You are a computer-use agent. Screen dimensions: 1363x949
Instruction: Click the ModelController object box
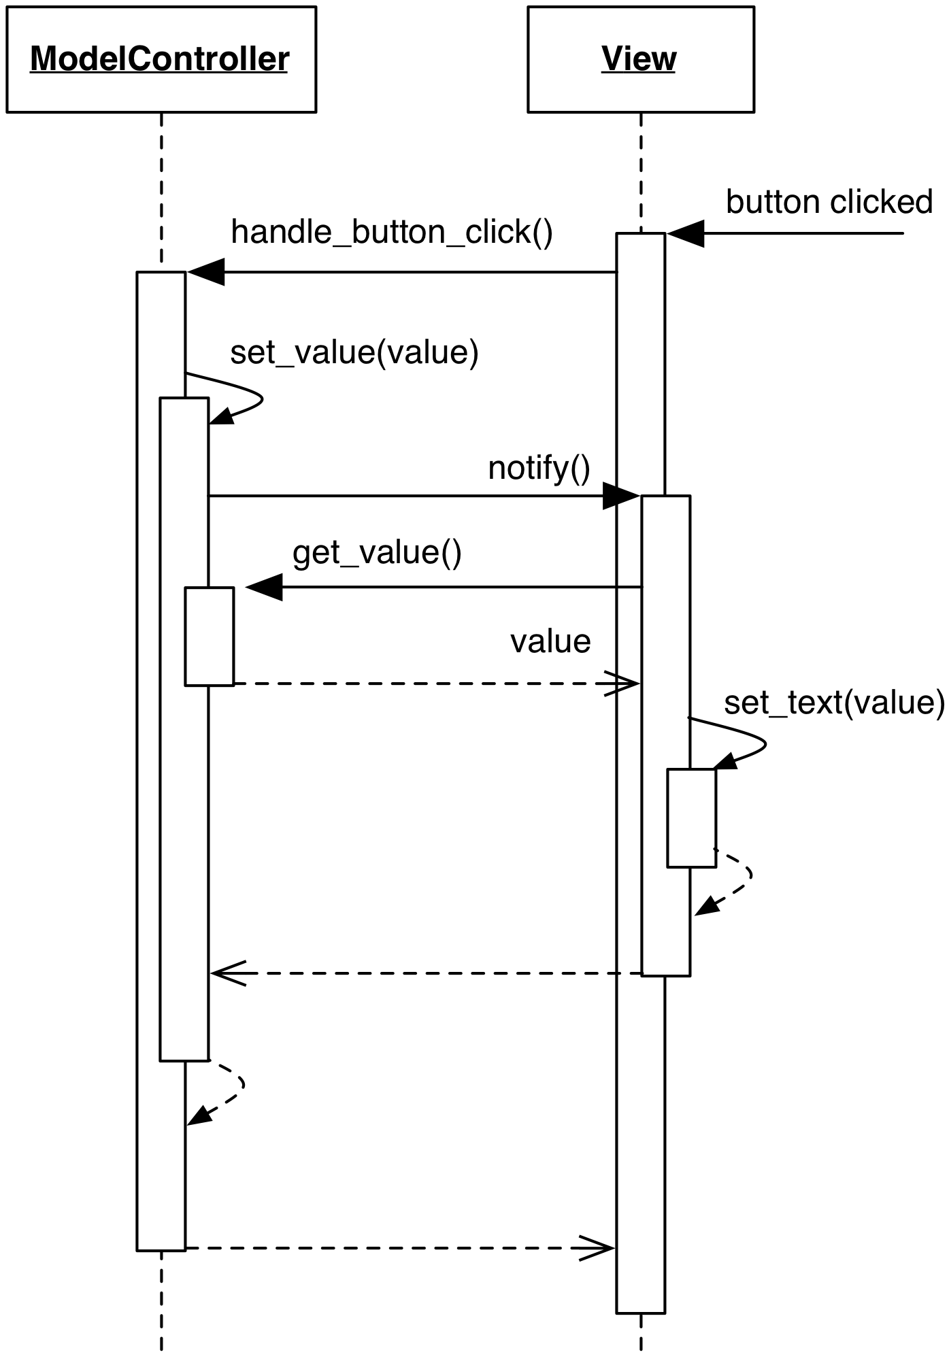161,59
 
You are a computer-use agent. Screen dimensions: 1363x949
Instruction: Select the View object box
640,59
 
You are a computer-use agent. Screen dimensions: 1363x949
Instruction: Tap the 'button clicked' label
829,202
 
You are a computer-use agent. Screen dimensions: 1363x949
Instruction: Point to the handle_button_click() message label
392,232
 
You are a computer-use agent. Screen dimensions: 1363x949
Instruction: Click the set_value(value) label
354,352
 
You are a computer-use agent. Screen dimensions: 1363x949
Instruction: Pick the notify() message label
539,468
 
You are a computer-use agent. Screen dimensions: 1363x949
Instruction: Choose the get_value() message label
377,552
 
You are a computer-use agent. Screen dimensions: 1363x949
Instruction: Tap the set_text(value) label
834,702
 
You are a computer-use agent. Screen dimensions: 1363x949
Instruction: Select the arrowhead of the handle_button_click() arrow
205,272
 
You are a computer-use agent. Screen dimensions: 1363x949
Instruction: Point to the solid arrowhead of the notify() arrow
620,497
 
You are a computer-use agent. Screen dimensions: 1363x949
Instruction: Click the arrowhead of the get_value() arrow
264,587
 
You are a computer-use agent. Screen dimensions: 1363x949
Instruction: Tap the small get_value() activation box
210,636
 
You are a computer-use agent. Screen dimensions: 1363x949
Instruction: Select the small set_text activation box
691,818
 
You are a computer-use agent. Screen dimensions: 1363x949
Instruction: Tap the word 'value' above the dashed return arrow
550,641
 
